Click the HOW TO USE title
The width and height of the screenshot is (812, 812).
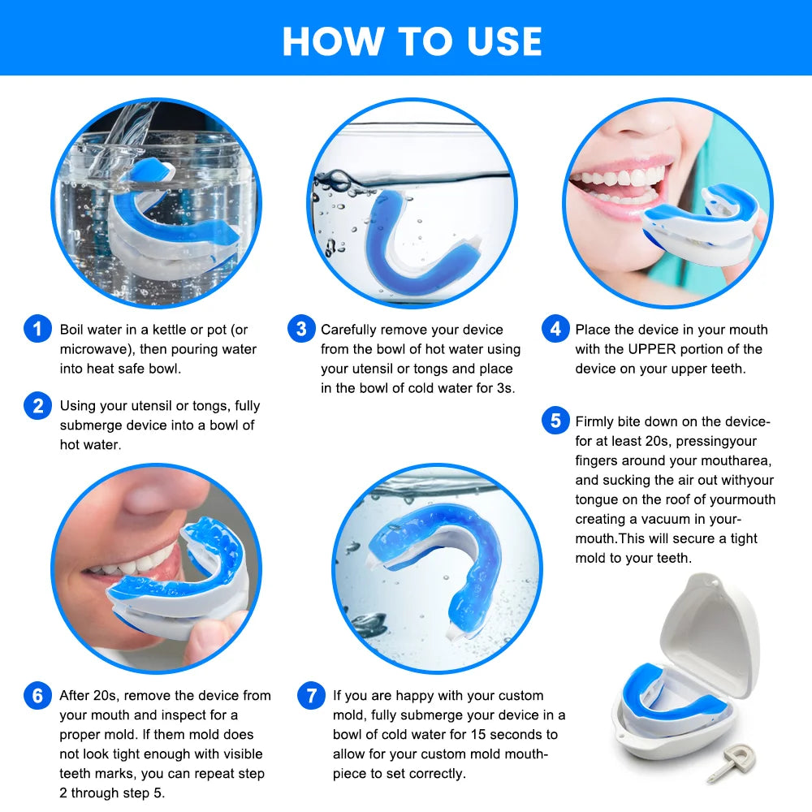tap(412, 41)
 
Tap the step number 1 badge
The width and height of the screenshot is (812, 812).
tap(37, 330)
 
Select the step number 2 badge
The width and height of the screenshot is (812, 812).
tap(37, 405)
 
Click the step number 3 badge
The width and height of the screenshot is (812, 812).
tap(301, 330)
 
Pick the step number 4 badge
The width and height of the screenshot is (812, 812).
tap(555, 330)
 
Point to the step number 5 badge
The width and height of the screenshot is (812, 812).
tap(555, 421)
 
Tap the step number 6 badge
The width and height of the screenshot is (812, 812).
tap(37, 696)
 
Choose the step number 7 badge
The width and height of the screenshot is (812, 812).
tap(311, 696)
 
